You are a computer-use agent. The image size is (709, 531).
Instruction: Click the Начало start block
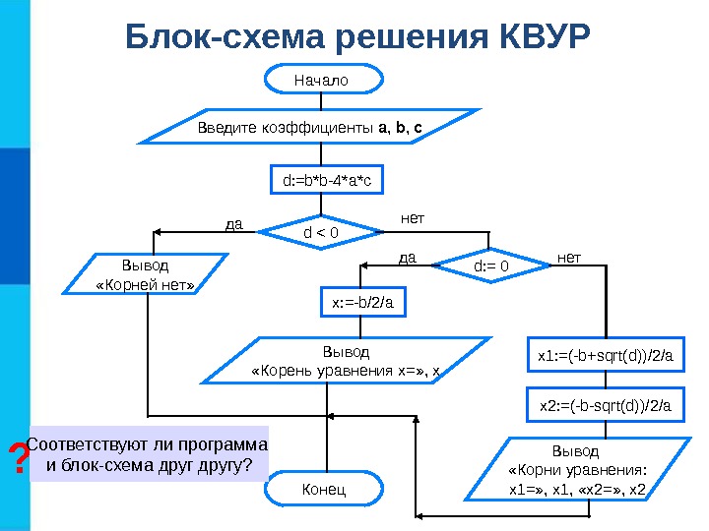pyautogui.click(x=322, y=79)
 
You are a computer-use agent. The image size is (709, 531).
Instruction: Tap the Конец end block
pyautogui.click(x=322, y=489)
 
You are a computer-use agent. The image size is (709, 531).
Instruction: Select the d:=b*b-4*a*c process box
pyautogui.click(x=326, y=181)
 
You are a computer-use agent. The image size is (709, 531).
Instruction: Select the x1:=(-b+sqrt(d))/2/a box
pyautogui.click(x=604, y=355)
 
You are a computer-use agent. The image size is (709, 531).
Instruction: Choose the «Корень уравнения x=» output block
pyautogui.click(x=347, y=361)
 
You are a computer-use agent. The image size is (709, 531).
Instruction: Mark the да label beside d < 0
pyautogui.click(x=233, y=224)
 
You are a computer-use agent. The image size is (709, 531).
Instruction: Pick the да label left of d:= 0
pyautogui.click(x=408, y=258)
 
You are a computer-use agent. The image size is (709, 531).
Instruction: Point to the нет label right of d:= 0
pyautogui.click(x=569, y=258)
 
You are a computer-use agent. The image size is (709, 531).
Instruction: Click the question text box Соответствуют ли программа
pyautogui.click(x=148, y=454)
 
